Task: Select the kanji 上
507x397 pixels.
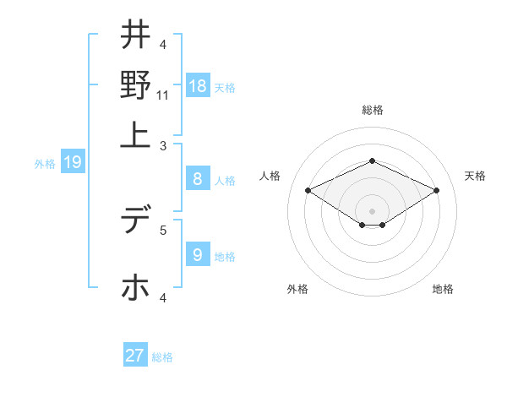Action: (135, 133)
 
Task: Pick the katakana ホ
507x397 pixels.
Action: (135, 286)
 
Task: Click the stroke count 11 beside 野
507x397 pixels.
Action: (163, 96)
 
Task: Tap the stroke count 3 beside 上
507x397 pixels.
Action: (163, 146)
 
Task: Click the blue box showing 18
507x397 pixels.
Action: (198, 86)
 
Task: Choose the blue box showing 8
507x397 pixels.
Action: (198, 178)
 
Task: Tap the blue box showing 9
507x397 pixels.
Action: (198, 254)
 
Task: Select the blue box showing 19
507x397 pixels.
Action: (72, 162)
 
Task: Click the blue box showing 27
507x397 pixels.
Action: (135, 356)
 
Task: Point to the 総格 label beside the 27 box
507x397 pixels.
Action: (162, 357)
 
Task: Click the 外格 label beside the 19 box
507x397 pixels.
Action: (45, 164)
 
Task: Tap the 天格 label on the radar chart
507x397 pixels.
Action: (475, 176)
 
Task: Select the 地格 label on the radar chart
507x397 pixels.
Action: (443, 289)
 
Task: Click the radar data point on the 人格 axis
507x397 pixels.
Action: (308, 191)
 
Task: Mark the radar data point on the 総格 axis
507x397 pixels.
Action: (372, 160)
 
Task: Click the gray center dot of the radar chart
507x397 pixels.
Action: (372, 210)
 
